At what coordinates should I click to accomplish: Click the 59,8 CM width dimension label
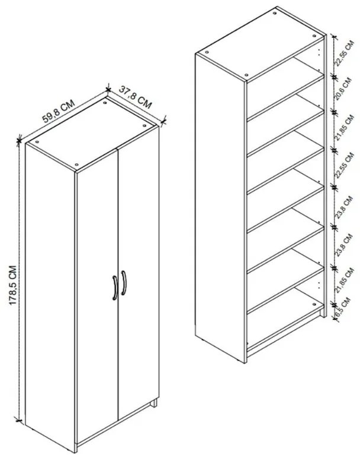(x=57, y=111)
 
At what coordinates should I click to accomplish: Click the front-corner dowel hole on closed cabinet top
(x=77, y=164)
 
